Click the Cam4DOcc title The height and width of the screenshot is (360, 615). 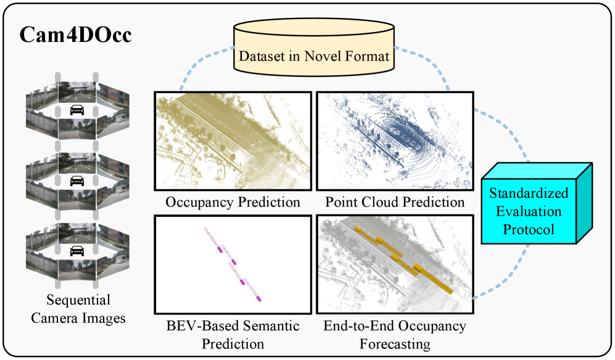(76, 35)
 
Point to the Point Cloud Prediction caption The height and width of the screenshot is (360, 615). (395, 202)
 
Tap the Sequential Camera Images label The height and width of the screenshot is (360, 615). (78, 309)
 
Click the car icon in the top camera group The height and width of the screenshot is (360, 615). (77, 110)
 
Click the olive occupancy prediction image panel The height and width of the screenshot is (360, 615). (233, 142)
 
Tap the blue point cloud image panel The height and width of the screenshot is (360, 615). (394, 142)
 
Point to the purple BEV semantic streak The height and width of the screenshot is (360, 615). (233, 264)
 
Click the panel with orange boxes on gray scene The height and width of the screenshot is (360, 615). (394, 264)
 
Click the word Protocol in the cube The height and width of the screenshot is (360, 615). (529, 229)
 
